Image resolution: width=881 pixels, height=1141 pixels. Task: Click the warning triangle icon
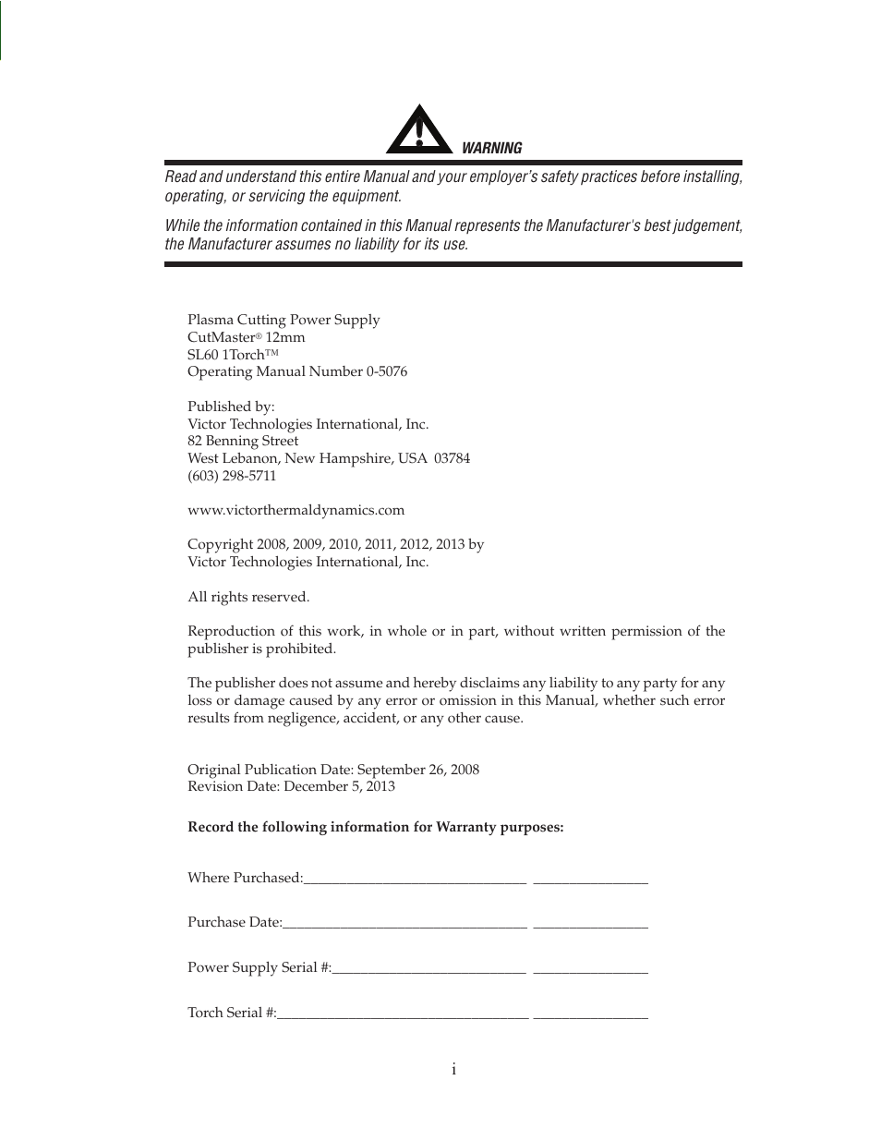419,131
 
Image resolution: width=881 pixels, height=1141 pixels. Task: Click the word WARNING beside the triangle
491,148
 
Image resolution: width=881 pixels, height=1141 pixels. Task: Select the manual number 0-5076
386,371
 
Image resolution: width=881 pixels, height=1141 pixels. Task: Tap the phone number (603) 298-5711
232,476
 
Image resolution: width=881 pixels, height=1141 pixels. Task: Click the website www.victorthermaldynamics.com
296,510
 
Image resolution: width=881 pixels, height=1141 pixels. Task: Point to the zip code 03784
452,458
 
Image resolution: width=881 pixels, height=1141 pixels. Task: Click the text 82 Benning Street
243,441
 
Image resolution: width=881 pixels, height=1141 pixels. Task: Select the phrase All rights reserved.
248,597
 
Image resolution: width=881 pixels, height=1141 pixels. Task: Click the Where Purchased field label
245,878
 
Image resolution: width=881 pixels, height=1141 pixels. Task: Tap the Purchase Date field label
235,922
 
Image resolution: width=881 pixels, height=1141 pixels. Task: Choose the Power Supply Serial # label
259,967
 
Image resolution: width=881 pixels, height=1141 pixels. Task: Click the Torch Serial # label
231,1013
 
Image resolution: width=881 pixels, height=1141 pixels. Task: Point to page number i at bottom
453,1070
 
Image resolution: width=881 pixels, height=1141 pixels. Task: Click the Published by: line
231,407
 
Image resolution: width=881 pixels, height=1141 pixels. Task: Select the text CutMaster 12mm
246,337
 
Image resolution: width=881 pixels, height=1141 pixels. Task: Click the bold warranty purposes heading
375,827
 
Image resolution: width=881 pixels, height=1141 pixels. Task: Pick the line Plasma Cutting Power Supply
284,320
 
